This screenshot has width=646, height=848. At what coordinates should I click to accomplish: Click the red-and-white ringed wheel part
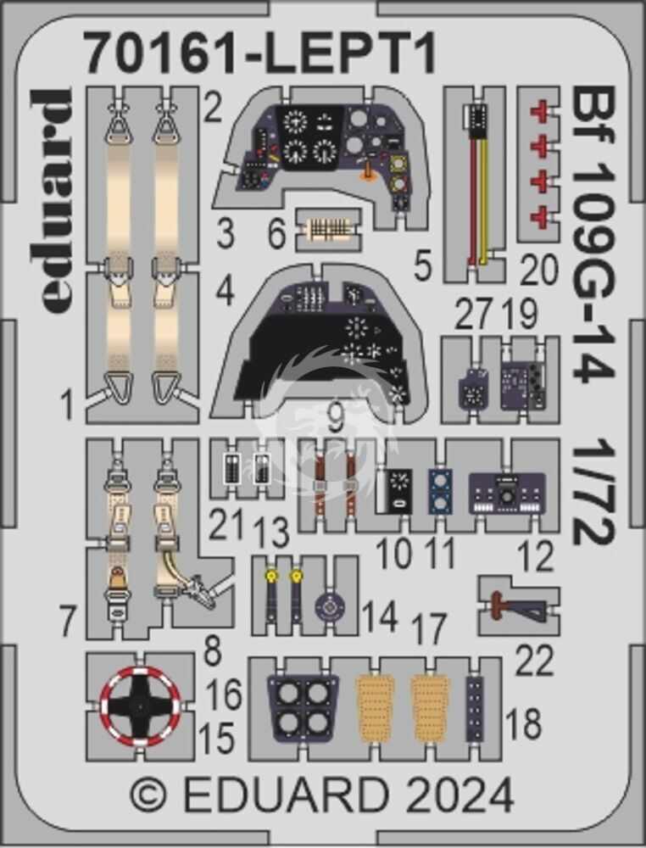[141, 706]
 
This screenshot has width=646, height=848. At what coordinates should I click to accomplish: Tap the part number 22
[535, 660]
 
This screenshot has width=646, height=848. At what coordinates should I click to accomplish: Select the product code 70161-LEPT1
[260, 54]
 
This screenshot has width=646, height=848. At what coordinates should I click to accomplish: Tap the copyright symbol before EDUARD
[148, 795]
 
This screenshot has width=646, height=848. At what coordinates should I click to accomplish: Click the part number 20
[539, 270]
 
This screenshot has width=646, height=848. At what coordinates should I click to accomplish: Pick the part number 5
[422, 266]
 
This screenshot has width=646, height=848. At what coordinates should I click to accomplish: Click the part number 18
[524, 723]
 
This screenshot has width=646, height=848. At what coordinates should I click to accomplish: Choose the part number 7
[68, 621]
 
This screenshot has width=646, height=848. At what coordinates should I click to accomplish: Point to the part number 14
[380, 616]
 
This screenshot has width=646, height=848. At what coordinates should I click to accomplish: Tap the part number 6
[276, 235]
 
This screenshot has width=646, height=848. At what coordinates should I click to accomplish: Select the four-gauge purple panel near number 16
[302, 708]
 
